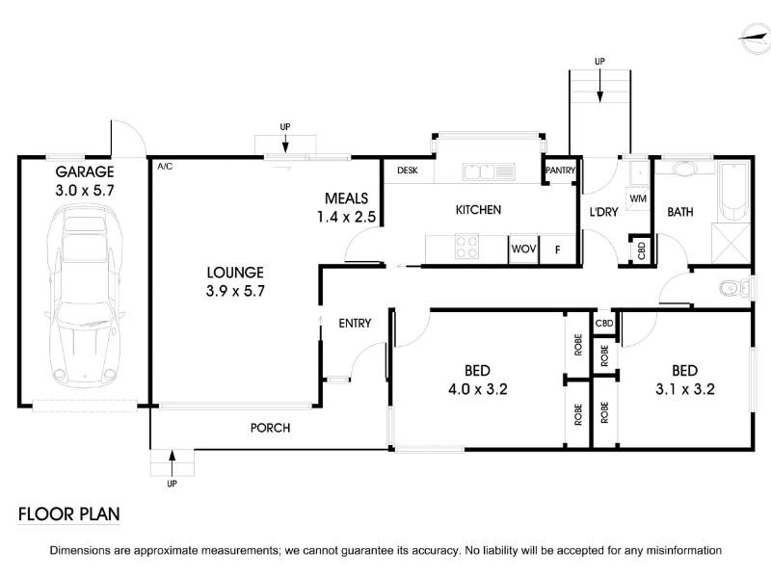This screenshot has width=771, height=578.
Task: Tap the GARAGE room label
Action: (85, 171)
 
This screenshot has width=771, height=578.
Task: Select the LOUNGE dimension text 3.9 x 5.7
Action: (235, 291)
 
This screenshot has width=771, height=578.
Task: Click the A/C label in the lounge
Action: (165, 167)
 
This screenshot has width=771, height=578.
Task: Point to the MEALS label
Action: (346, 198)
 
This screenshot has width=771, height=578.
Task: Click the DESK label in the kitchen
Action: (407, 171)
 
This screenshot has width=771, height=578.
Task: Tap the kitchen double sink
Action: (489, 172)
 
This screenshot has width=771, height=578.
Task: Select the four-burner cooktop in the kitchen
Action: (466, 247)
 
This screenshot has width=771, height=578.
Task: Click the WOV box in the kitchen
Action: (523, 250)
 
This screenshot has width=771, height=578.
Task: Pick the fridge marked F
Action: (558, 250)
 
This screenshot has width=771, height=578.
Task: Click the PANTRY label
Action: (560, 171)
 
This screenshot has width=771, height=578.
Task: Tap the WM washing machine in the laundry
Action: (638, 198)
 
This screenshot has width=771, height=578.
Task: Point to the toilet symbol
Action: (734, 287)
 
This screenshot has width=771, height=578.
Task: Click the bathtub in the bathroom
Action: (734, 191)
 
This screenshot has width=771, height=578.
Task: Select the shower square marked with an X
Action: (731, 244)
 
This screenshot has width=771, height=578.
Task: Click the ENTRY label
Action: (355, 324)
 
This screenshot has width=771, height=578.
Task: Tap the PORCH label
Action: (270, 428)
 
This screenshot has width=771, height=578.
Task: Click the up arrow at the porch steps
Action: (172, 462)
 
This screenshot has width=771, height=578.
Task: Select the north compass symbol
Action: (755, 39)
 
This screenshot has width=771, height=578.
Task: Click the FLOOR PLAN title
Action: (68, 514)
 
